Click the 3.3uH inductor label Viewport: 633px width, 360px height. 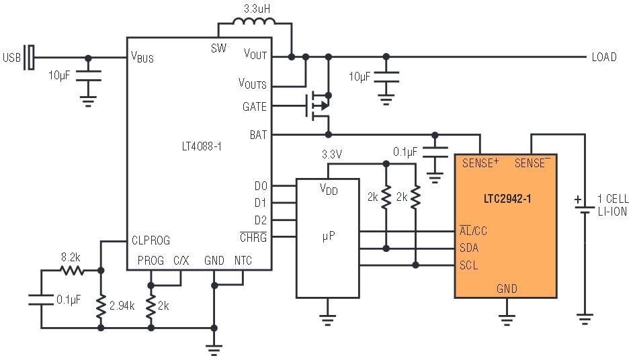click(x=257, y=9)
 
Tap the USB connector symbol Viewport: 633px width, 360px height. click(x=29, y=57)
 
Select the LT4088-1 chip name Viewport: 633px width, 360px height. click(x=202, y=146)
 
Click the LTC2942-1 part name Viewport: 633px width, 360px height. click(x=507, y=199)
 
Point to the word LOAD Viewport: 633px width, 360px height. click(x=604, y=57)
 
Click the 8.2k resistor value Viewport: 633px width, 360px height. click(x=71, y=257)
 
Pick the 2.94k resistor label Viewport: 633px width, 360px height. click(x=122, y=306)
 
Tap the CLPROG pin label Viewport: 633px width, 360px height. click(x=151, y=240)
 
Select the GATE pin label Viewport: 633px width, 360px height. click(x=254, y=107)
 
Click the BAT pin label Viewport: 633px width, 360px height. click(x=258, y=135)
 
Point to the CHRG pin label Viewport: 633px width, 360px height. click(x=253, y=237)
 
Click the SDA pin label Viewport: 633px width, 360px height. click(x=468, y=247)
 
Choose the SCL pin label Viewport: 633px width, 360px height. click(x=468, y=265)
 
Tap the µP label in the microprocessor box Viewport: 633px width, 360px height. click(x=328, y=236)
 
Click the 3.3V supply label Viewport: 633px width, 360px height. click(x=332, y=154)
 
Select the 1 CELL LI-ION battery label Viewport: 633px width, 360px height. click(x=613, y=205)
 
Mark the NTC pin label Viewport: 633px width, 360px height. click(x=243, y=261)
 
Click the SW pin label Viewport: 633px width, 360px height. click(x=218, y=48)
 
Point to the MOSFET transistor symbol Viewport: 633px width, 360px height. click(x=319, y=106)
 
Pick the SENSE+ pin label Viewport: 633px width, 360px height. click(x=480, y=163)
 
